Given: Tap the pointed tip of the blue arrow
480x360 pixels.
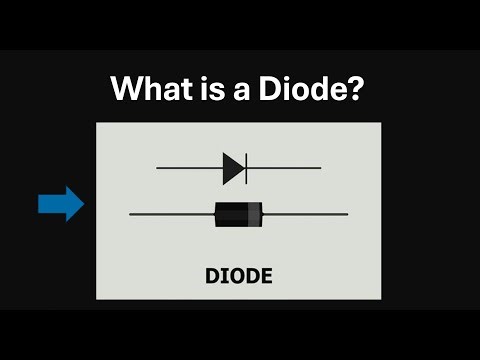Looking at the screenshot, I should point(83,204).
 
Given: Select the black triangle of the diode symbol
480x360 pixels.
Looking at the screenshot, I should point(233,168).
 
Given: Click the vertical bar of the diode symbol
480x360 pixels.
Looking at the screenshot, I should point(246,168).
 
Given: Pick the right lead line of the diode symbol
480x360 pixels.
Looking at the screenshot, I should point(284,168).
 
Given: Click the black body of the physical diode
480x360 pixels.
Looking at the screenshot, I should point(232,213).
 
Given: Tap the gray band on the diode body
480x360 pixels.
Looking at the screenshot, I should point(255,213).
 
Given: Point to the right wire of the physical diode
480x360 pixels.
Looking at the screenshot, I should point(305,214).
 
